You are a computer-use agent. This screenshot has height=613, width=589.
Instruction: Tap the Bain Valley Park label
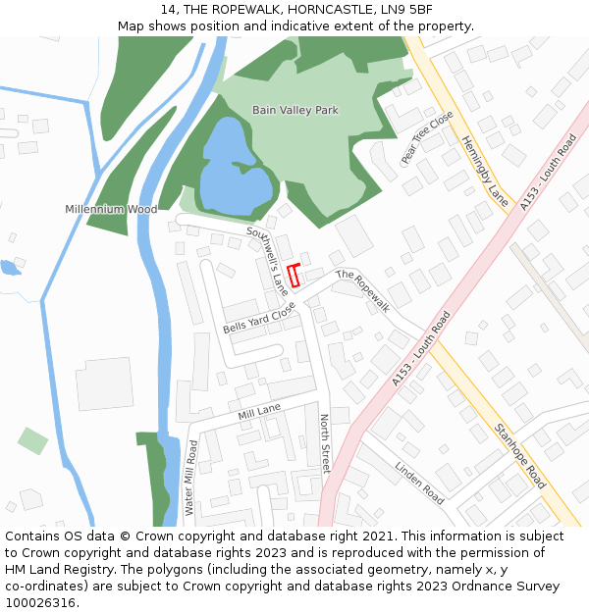pyautogui.click(x=294, y=111)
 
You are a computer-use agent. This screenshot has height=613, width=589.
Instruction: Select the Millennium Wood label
pyautogui.click(x=111, y=209)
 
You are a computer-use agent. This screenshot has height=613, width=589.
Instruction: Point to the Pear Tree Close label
pyautogui.click(x=427, y=137)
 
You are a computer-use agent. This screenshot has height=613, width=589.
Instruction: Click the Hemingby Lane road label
pyautogui.click(x=486, y=170)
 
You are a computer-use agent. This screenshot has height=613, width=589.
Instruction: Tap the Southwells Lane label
pyautogui.click(x=268, y=261)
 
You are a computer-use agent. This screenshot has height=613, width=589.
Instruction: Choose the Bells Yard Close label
pyautogui.click(x=259, y=317)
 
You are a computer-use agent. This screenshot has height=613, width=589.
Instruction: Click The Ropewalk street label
pyautogui.click(x=363, y=291)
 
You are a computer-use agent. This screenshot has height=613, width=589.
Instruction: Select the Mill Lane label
pyautogui.click(x=258, y=413)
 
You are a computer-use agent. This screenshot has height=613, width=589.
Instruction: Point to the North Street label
pyautogui.click(x=325, y=443)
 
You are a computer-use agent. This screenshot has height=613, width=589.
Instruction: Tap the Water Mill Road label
pyautogui.click(x=191, y=478)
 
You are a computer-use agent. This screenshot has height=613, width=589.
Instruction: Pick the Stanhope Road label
pyautogui.click(x=519, y=455)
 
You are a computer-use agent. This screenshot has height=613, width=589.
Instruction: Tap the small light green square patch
pyautogui.click(x=32, y=440)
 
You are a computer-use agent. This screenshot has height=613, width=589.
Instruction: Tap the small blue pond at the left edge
pyautogui.click(x=9, y=266)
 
